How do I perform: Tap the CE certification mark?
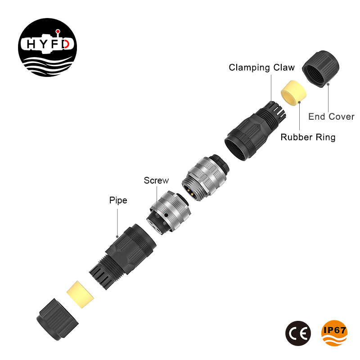click(x=298, y=333)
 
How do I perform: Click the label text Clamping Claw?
click(x=261, y=68)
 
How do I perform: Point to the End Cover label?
click(x=331, y=117)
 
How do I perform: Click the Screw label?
click(x=156, y=180)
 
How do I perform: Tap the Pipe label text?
click(x=118, y=200)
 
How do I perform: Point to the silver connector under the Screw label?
click(x=167, y=211)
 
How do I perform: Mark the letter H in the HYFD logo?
click(x=30, y=44)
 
